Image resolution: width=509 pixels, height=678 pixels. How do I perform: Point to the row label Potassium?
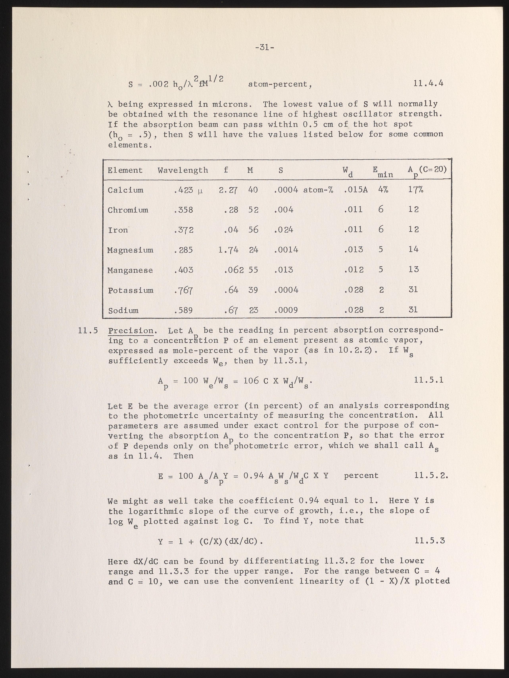[x=131, y=290]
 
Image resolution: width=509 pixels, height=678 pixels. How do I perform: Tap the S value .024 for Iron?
[x=284, y=230]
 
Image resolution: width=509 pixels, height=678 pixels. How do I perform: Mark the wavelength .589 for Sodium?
[x=183, y=310]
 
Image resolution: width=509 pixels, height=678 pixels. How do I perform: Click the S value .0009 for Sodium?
[x=286, y=310]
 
